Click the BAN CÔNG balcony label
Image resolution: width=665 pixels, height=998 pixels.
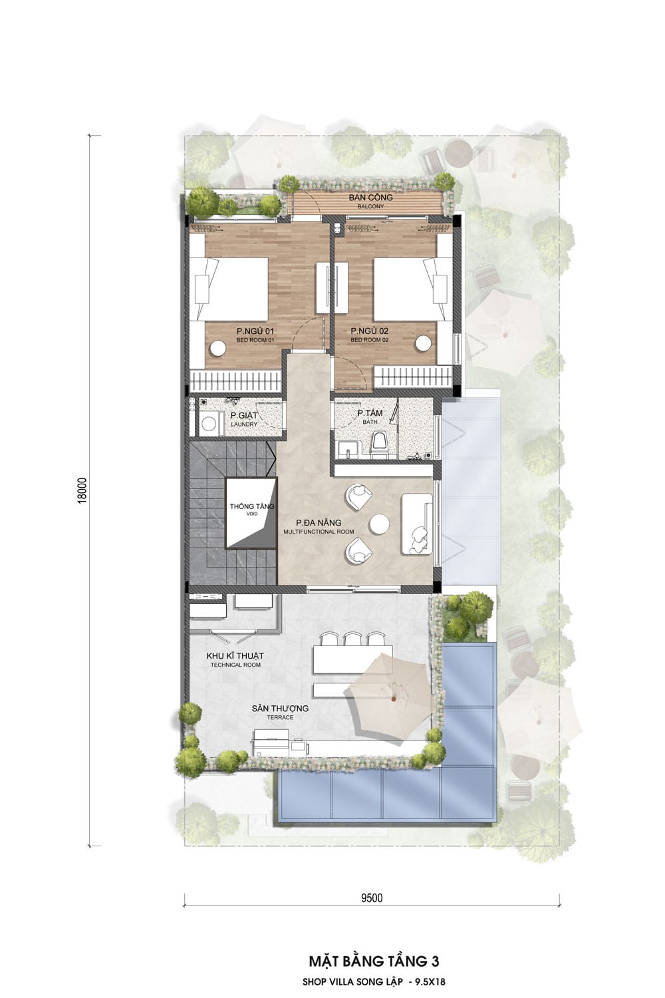point(370,201)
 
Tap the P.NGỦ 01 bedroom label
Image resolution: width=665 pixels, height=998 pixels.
point(255,335)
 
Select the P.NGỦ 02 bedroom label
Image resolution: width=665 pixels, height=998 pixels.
point(369,335)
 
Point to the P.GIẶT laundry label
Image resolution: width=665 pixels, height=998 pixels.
point(244,418)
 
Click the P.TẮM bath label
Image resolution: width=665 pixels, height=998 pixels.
point(370,416)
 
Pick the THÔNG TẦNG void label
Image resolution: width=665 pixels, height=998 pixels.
point(252,509)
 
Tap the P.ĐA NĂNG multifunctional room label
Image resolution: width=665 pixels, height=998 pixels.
point(319,526)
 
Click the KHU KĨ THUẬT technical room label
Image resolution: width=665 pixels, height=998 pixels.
point(235,659)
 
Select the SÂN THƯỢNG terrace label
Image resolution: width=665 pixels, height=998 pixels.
point(280,712)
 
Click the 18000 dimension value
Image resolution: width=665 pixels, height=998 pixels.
point(82,490)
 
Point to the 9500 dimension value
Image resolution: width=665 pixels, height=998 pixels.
point(372,898)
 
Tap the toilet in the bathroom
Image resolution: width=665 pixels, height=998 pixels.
point(379,444)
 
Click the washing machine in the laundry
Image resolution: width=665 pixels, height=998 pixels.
point(208,423)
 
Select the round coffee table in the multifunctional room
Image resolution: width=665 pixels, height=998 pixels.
point(380,524)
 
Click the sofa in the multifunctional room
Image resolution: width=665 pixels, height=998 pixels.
point(417,524)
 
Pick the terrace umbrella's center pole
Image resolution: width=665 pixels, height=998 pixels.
point(393,700)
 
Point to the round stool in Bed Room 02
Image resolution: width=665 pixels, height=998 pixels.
point(423,343)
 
